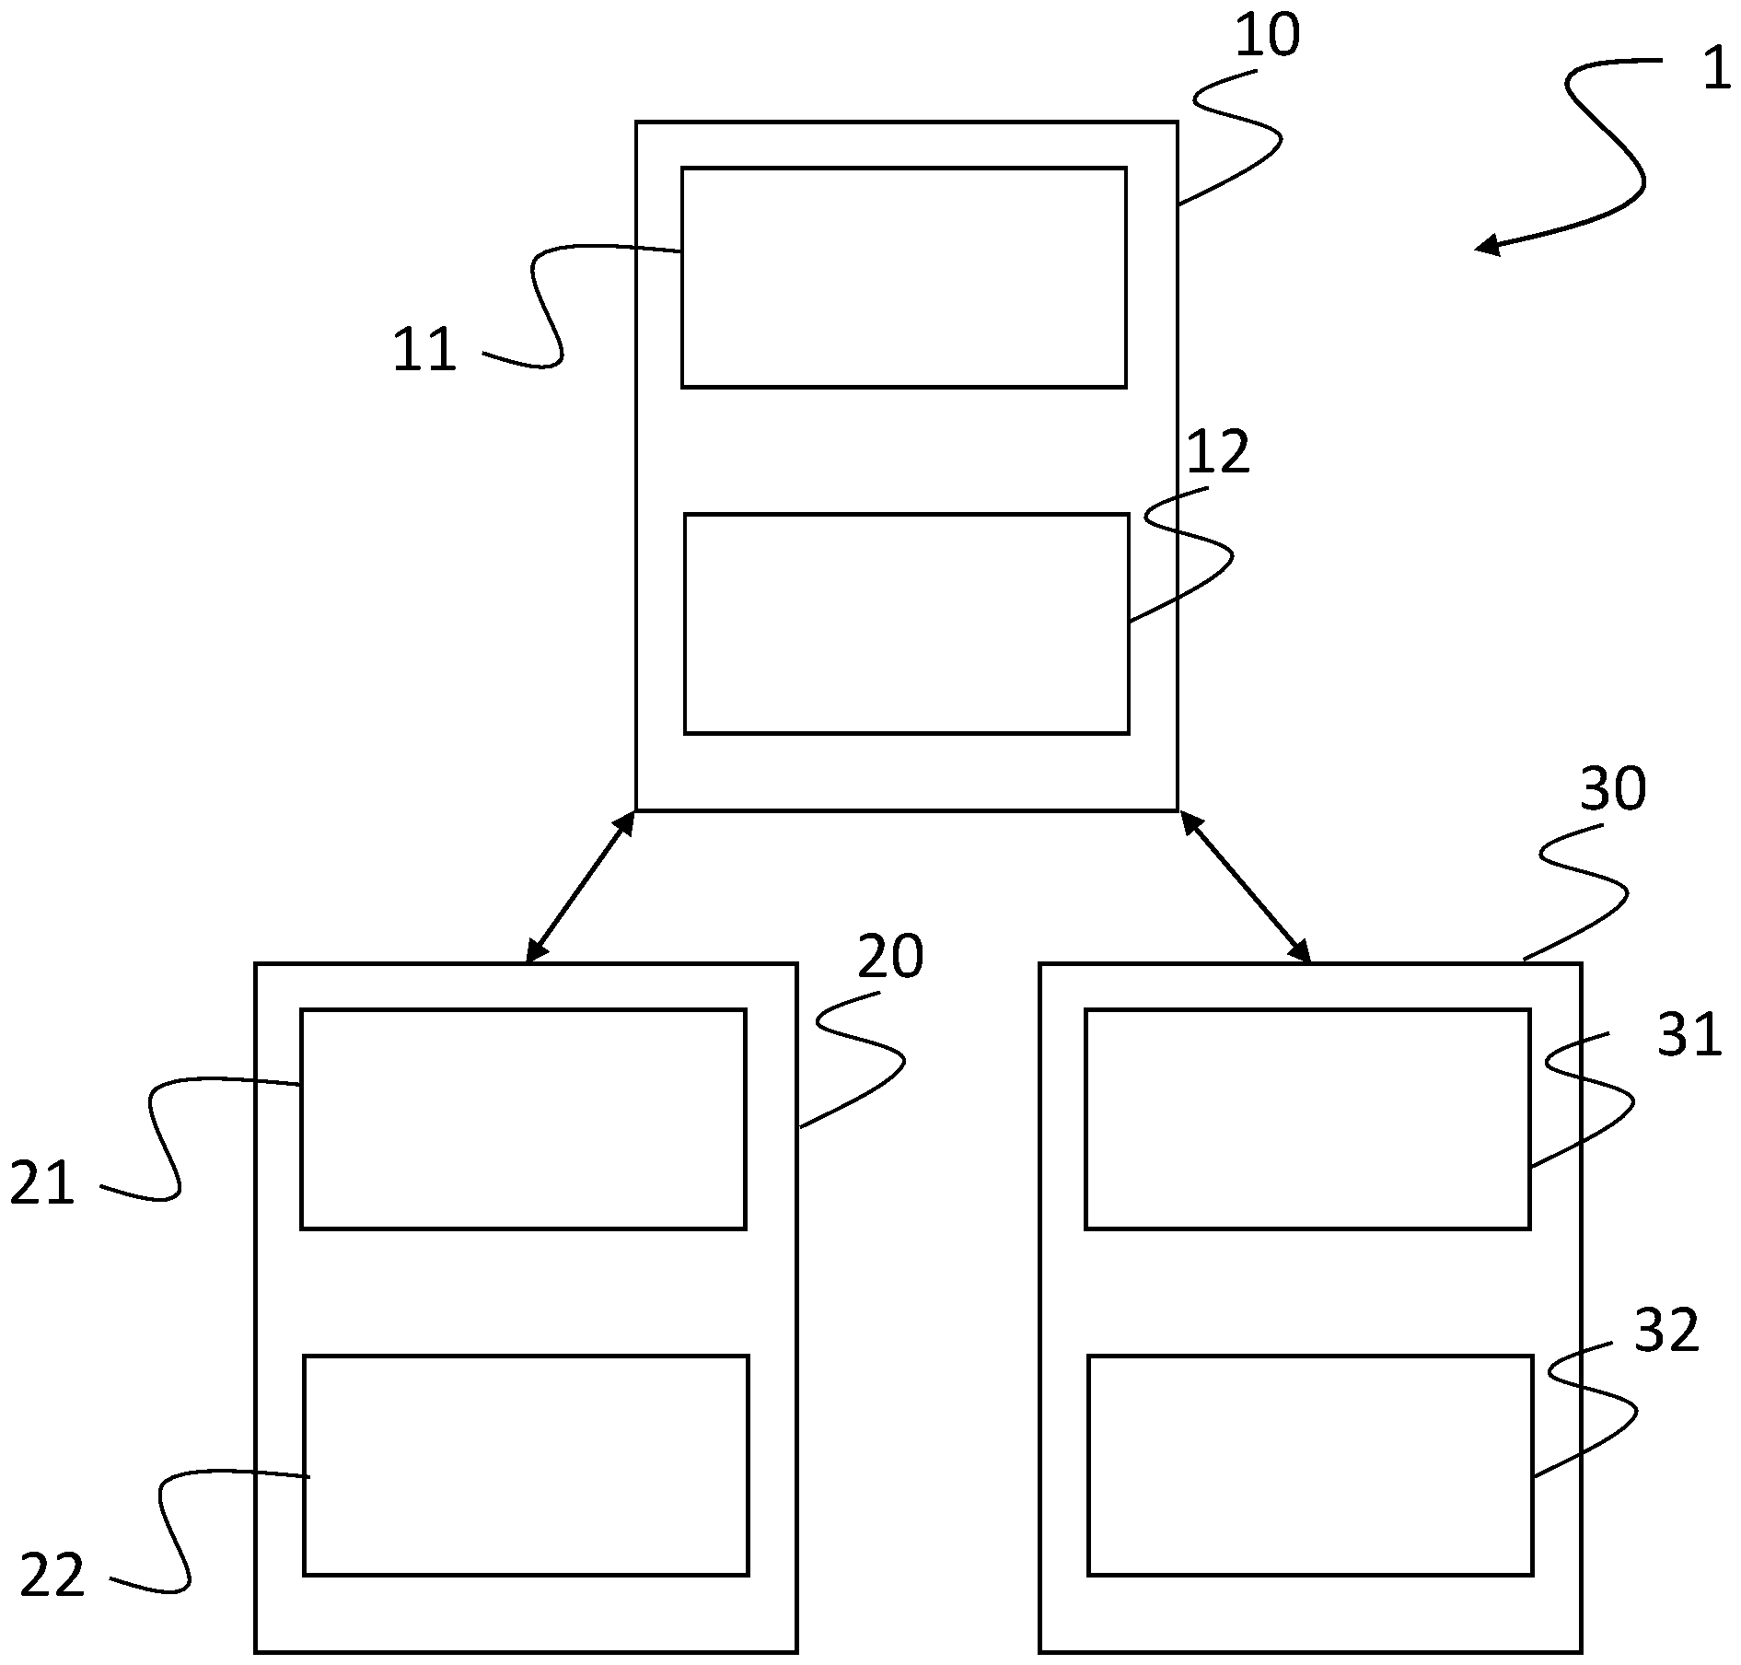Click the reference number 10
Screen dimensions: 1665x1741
(1267, 37)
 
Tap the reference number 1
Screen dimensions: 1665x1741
(1715, 69)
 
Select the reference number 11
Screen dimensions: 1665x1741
(424, 351)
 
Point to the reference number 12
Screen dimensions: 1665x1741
(1218, 452)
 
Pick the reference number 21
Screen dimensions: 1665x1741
(42, 1183)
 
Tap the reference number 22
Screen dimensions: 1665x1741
(52, 1576)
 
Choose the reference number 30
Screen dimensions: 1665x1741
(1612, 789)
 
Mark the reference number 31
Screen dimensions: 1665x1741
(1689, 1034)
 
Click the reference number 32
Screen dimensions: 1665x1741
(1666, 1331)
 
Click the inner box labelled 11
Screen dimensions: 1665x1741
(903, 277)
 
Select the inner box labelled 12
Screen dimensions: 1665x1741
(906, 623)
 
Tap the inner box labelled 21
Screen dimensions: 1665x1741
(523, 1119)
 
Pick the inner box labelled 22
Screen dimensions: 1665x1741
(526, 1465)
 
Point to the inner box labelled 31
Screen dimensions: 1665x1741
(1307, 1119)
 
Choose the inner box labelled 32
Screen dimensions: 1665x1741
(1309, 1465)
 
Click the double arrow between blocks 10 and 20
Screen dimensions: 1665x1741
(580, 887)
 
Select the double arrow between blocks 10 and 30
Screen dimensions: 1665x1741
(1245, 887)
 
